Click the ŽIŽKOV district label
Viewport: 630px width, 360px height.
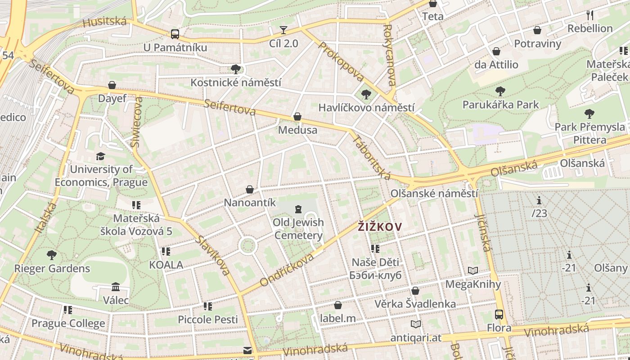379,227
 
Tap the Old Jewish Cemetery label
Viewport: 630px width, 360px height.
298,229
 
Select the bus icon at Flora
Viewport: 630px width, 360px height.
499,315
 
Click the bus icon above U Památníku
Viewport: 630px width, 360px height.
175,34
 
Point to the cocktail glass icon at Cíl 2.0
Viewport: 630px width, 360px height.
283,30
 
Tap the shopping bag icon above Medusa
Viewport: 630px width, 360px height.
297,117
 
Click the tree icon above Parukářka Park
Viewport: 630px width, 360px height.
500,92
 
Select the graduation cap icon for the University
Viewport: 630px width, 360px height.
100,156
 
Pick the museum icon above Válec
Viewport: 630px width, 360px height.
116,287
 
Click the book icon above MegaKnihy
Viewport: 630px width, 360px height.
472,270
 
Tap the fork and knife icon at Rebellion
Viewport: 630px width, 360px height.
590,15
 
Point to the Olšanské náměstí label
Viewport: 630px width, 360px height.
434,193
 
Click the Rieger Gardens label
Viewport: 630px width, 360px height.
52,269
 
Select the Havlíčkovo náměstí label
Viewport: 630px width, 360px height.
366,108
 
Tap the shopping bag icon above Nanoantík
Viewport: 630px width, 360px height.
250,189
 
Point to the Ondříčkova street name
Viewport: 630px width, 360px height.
287,270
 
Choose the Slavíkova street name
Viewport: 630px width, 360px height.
212,255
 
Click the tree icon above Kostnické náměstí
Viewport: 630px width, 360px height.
235,69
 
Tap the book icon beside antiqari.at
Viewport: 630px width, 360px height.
416,324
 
